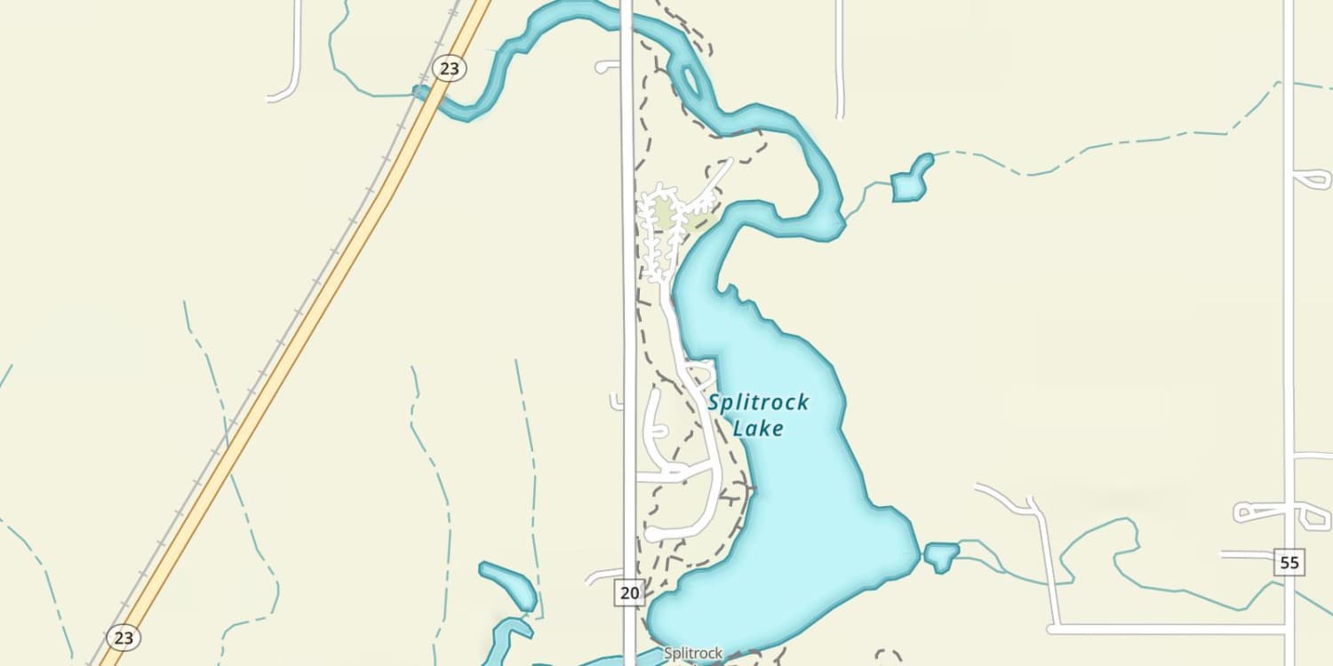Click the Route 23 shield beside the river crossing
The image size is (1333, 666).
click(x=450, y=68)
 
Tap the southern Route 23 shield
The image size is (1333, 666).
click(x=123, y=637)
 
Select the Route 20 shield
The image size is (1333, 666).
click(x=629, y=592)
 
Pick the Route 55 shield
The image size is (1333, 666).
click(x=1290, y=561)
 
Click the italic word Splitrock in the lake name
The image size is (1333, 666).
click(x=758, y=403)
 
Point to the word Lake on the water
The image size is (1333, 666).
click(x=758, y=429)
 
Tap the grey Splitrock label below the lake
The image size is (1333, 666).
click(x=693, y=654)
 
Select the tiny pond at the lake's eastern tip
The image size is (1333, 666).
click(x=941, y=557)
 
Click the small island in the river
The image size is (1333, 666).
click(x=691, y=78)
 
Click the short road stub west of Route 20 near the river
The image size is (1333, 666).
click(x=607, y=66)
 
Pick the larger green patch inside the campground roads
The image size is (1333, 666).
click(x=663, y=214)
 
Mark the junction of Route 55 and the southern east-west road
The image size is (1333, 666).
click(x=1289, y=629)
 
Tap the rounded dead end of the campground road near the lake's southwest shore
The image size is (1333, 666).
click(x=651, y=535)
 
